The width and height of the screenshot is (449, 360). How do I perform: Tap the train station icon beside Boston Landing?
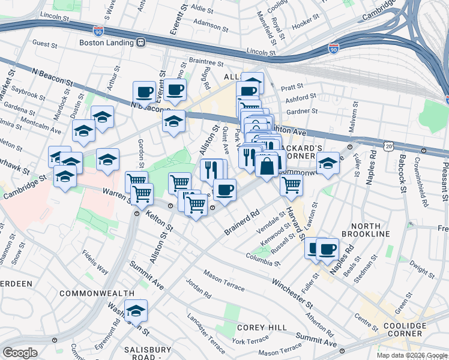point(140,43)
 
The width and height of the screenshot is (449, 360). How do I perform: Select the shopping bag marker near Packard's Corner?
point(267,164)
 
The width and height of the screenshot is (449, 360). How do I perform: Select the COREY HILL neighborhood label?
point(256,328)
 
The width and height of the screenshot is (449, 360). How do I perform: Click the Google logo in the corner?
point(20,353)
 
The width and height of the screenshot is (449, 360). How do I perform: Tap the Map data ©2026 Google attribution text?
point(411,355)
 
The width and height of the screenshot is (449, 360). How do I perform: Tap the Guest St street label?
point(44,44)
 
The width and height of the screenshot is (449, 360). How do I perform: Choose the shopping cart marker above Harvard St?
point(291,184)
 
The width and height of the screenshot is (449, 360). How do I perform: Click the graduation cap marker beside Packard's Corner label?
point(328,164)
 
